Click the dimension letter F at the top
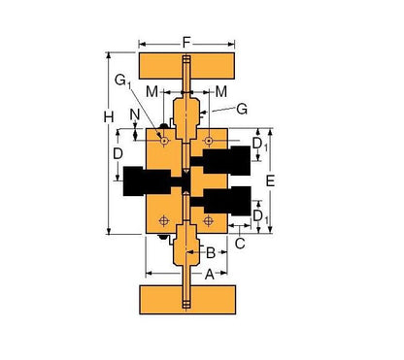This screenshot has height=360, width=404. pos(187,42)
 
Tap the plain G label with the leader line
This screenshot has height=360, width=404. pos(242,110)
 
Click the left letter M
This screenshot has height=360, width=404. pos(152,91)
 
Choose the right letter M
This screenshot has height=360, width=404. pos(220,91)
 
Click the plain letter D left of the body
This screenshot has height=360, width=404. pos(117,153)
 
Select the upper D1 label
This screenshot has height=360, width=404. pos(257,146)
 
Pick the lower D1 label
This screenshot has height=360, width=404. pos(257,214)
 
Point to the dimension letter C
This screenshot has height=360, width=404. pos(240,245)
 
